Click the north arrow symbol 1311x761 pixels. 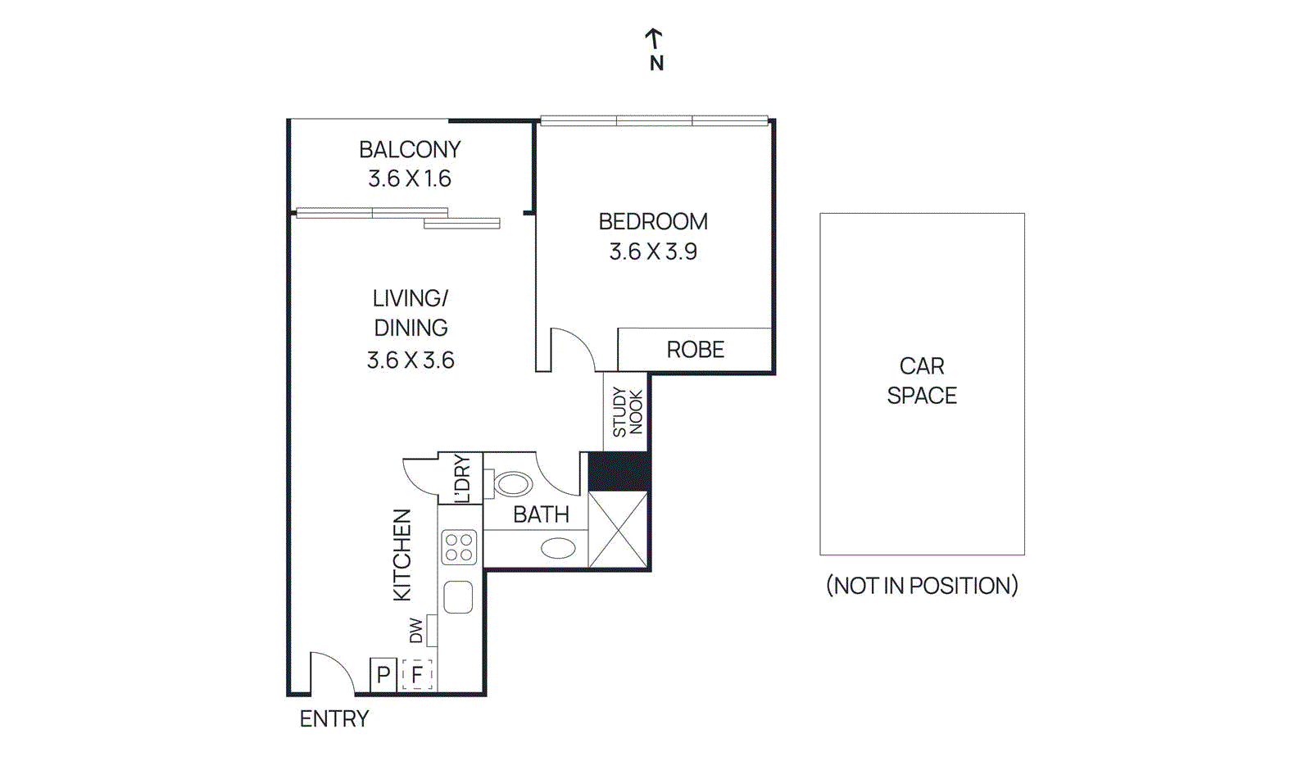[x=653, y=39]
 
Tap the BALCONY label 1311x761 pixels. [x=410, y=150]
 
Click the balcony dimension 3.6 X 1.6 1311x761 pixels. [x=410, y=179]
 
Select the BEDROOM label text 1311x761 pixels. [x=653, y=222]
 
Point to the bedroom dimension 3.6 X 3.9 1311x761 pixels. [x=653, y=251]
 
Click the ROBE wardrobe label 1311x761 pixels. [x=695, y=350]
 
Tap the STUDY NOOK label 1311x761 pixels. [x=628, y=412]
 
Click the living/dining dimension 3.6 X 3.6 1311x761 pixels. [x=411, y=360]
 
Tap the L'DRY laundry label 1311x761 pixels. [x=462, y=478]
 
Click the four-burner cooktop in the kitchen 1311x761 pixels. [x=459, y=547]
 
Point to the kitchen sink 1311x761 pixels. [x=458, y=597]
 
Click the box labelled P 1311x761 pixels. [x=383, y=675]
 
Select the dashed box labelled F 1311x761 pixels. [x=417, y=675]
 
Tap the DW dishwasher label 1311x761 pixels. [x=416, y=631]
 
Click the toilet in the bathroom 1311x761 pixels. [x=512, y=484]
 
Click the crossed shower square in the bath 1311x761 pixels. [x=618, y=530]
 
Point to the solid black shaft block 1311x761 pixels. [x=619, y=472]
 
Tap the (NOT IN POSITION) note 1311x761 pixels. [x=922, y=586]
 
